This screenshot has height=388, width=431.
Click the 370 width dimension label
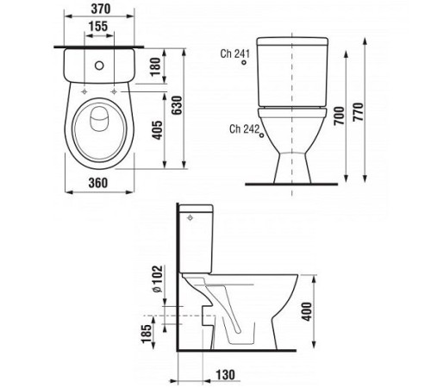(101, 9)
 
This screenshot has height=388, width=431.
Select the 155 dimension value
(98, 27)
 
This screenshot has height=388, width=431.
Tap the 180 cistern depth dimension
(155, 66)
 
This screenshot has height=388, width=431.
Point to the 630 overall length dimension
(177, 105)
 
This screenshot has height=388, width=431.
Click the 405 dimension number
(157, 130)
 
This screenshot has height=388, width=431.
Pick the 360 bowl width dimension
(98, 183)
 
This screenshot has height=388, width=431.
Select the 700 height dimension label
(339, 116)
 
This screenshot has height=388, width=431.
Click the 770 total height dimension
(359, 111)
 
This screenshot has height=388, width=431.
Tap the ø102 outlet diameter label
(158, 278)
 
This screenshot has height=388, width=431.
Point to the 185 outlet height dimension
(146, 334)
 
